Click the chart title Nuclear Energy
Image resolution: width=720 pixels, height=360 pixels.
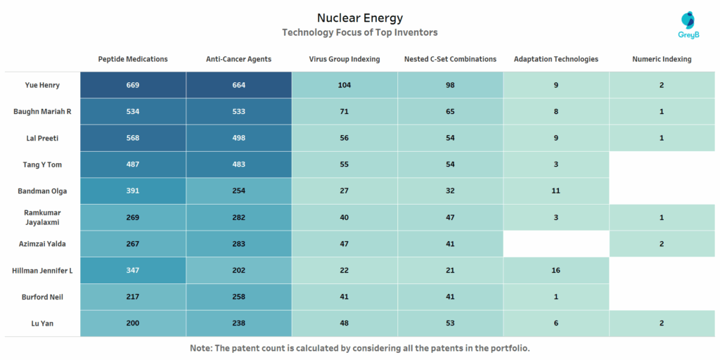tap(359, 18)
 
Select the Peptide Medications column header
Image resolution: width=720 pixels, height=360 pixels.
tap(133, 59)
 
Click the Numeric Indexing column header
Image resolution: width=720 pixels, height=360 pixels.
tap(662, 59)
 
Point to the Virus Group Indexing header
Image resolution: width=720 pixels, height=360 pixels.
tap(345, 59)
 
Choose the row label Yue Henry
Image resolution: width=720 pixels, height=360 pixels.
tap(42, 85)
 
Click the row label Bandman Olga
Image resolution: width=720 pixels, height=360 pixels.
tap(42, 191)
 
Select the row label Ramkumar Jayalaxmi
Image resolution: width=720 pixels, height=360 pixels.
tap(42, 217)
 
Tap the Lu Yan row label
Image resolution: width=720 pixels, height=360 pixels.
tap(42, 323)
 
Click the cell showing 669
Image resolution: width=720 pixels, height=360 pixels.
tap(133, 85)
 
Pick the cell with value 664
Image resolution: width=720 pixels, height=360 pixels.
tap(238, 85)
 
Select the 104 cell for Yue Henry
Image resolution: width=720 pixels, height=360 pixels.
tap(345, 85)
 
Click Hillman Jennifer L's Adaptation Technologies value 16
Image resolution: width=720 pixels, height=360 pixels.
tap(556, 270)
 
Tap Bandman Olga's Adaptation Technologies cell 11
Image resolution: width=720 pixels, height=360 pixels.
tap(556, 191)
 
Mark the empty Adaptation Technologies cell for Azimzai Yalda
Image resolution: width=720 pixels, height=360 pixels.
tap(556, 243)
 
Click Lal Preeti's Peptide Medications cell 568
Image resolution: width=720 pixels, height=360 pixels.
tap(133, 138)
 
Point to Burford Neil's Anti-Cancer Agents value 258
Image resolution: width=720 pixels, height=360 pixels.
tap(238, 297)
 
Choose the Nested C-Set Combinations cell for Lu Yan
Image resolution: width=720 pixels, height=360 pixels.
tap(450, 323)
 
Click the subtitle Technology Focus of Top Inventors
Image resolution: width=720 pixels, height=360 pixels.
tap(359, 32)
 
